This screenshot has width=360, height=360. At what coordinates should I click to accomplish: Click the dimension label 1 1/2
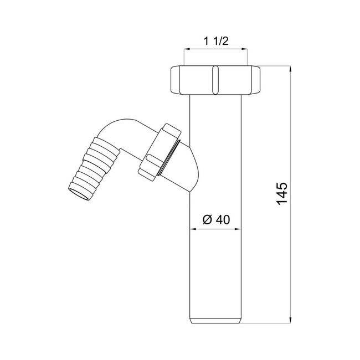(x=216, y=42)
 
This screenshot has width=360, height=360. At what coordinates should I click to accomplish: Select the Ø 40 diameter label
(x=216, y=220)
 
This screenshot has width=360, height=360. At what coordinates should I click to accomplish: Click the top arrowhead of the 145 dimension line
(x=290, y=69)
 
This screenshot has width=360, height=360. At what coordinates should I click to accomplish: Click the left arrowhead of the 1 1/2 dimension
(x=187, y=49)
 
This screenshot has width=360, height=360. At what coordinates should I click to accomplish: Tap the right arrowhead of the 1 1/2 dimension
(x=244, y=49)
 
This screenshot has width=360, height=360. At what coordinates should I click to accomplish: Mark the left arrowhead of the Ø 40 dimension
(x=193, y=229)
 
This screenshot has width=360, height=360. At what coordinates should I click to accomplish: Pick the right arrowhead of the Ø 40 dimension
(x=238, y=229)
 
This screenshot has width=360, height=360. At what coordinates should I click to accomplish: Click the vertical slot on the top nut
(x=215, y=80)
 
